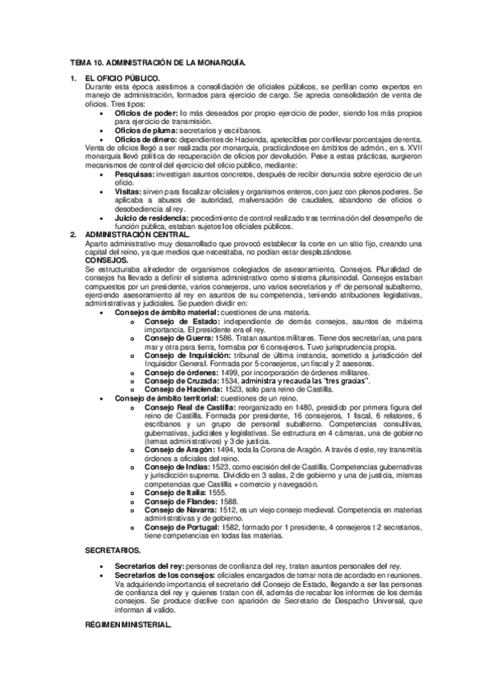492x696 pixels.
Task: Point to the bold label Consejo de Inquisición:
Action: point(191,355)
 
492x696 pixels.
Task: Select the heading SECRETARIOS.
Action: point(113,550)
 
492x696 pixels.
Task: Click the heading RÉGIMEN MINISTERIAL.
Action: point(129,624)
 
